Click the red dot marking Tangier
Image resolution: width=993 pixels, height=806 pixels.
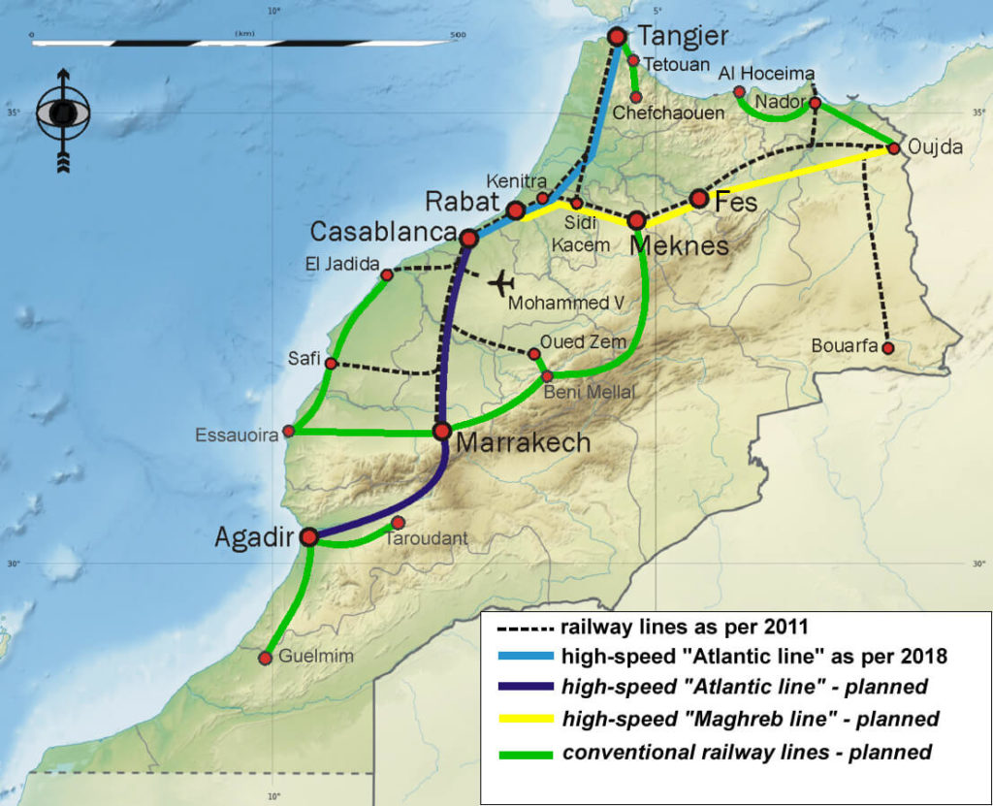[617, 37]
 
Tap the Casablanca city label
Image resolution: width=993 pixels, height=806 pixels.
[382, 232]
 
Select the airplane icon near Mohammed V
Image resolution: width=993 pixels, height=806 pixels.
[500, 283]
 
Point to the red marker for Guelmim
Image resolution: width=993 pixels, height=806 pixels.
[265, 659]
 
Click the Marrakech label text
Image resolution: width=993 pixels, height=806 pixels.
[522, 443]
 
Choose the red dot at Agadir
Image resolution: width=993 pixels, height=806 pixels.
[309, 536]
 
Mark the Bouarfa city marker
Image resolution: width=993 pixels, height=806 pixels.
[887, 347]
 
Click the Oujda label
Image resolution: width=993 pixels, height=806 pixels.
[936, 147]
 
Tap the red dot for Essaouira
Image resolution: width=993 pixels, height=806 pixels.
[288, 431]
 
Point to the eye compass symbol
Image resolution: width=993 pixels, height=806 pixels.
[63, 114]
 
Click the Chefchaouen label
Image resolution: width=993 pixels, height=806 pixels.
[682, 113]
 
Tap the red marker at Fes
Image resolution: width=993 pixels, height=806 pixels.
[698, 199]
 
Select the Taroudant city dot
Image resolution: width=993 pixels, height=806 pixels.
[398, 523]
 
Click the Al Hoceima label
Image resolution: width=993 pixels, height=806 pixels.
[766, 74]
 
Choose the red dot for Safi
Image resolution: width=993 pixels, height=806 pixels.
[331, 364]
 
